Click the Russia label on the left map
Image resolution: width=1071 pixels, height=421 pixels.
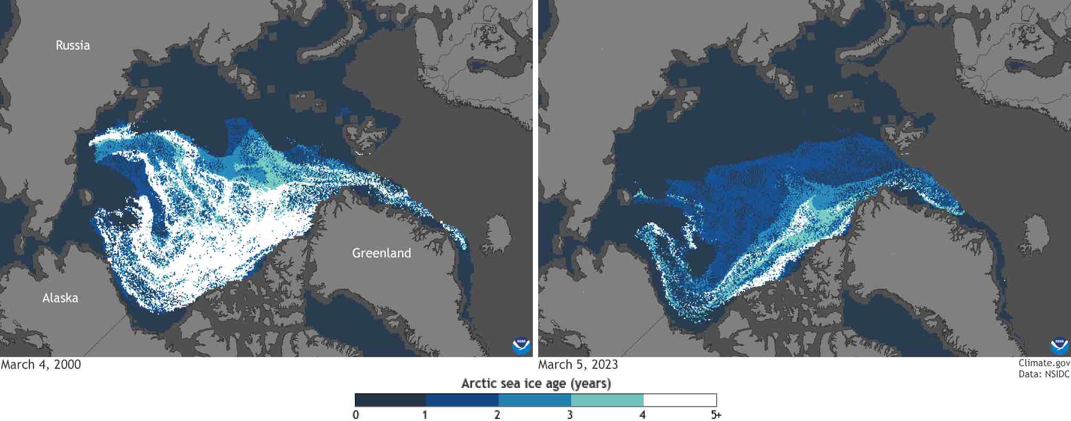click(x=73, y=45)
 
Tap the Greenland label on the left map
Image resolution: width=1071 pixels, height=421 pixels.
click(x=382, y=253)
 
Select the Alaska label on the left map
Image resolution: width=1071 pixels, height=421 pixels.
click(x=60, y=298)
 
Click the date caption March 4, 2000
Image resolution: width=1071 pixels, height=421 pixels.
click(x=41, y=365)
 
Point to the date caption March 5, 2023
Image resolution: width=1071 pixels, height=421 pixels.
click(x=578, y=365)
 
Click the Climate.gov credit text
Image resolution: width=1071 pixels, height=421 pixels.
click(x=1044, y=363)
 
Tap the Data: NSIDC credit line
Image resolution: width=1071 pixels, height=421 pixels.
click(x=1044, y=374)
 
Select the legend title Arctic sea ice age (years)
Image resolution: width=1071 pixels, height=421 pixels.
click(x=536, y=383)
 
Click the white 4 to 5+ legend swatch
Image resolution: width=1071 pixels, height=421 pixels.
click(x=680, y=400)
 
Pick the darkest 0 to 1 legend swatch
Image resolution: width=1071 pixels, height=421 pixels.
click(x=391, y=400)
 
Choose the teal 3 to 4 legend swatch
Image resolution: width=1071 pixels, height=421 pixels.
click(x=607, y=400)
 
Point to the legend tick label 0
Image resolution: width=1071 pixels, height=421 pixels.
click(x=355, y=415)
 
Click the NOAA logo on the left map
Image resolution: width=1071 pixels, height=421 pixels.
click(x=521, y=346)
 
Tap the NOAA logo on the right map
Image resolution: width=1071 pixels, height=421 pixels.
click(x=1059, y=346)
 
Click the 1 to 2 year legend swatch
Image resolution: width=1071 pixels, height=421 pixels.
click(x=463, y=400)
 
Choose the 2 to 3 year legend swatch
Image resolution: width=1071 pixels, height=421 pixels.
click(x=535, y=400)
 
